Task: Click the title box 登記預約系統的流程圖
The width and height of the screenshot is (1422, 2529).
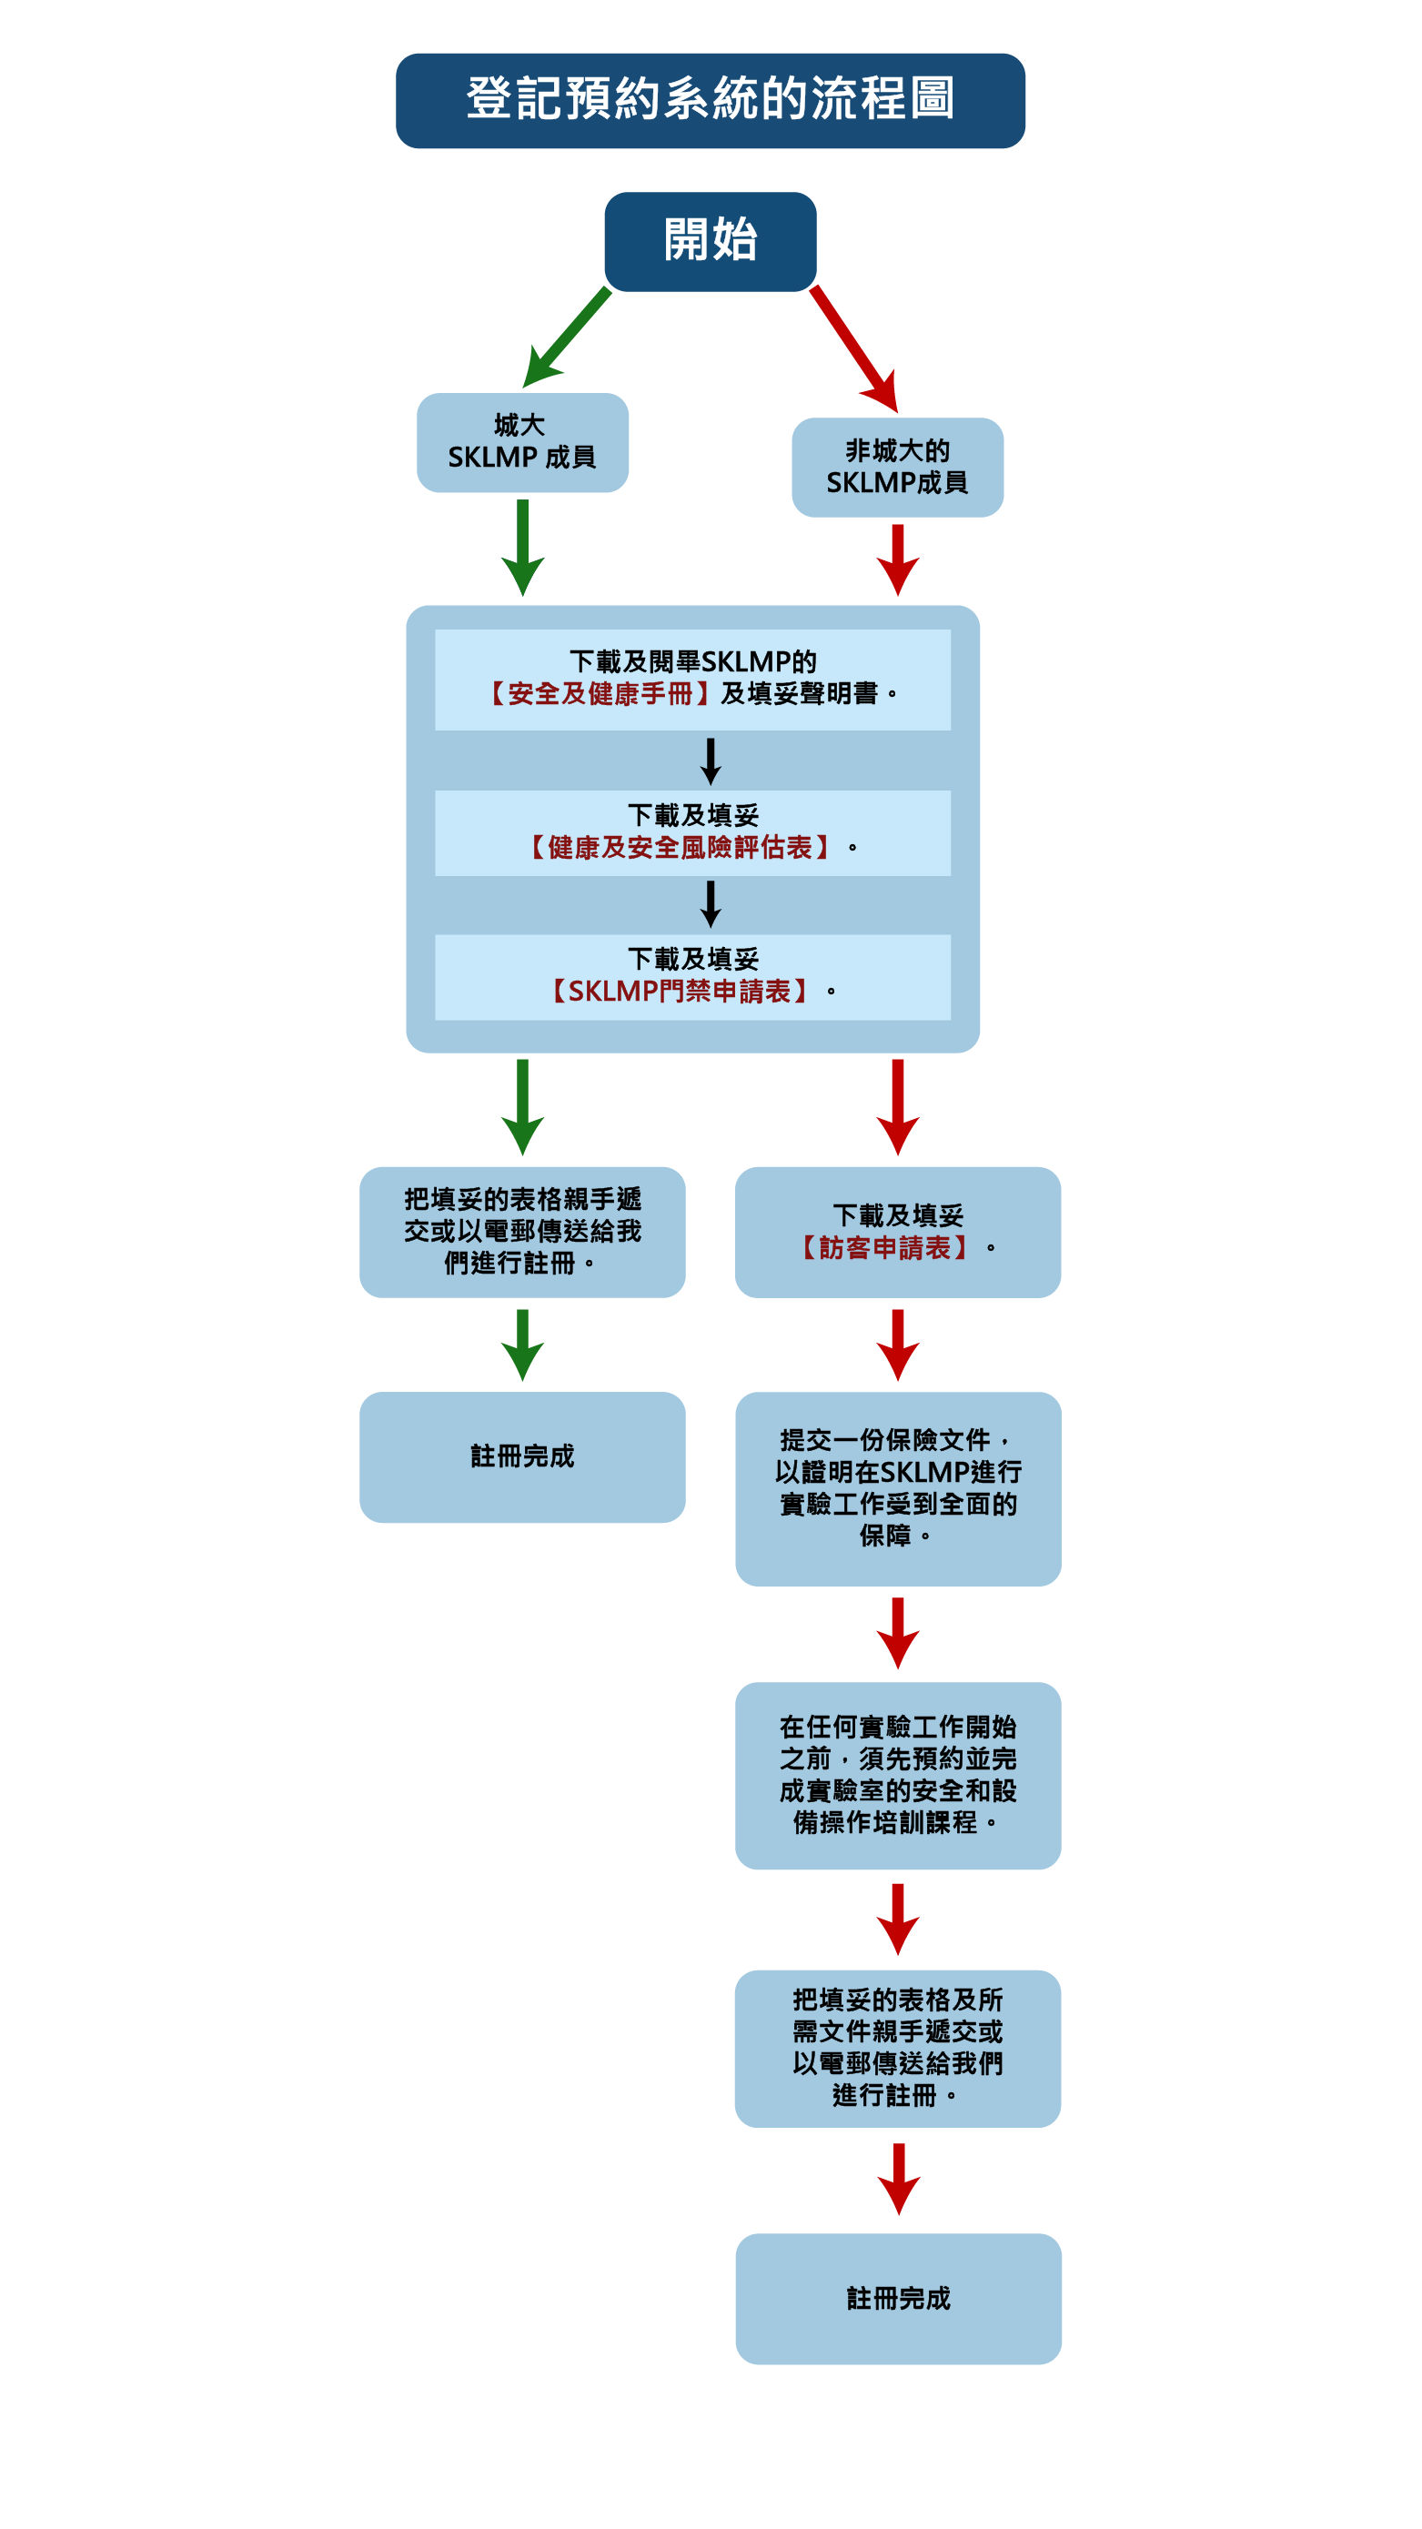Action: click(710, 100)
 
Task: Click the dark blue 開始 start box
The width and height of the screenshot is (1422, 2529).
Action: click(710, 240)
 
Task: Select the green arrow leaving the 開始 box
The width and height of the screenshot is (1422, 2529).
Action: click(569, 337)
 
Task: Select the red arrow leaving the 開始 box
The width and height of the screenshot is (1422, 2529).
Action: click(853, 348)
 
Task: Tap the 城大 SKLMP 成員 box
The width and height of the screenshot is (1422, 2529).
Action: click(521, 442)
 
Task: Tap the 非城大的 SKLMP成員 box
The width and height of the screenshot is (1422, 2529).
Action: click(897, 468)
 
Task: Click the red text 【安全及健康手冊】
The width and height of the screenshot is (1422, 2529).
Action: click(600, 694)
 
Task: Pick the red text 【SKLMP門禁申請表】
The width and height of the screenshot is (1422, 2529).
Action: click(679, 992)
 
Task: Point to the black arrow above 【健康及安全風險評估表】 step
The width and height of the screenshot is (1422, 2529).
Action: click(710, 761)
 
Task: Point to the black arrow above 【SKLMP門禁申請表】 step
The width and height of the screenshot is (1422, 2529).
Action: click(710, 903)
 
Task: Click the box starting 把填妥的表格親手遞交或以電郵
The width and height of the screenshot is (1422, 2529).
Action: click(521, 1231)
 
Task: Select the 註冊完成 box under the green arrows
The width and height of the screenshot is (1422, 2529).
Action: click(521, 1456)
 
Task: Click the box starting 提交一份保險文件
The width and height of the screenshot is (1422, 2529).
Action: click(897, 1487)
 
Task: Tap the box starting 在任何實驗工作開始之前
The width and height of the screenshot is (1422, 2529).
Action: click(897, 1774)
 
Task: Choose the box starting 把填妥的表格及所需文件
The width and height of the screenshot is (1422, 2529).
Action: click(897, 2048)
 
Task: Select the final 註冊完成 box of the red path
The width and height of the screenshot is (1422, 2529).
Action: click(897, 2298)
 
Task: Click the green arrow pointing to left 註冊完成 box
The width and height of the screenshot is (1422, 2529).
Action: click(521, 1344)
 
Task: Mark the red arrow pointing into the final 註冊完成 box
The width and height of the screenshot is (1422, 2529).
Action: click(897, 2179)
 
